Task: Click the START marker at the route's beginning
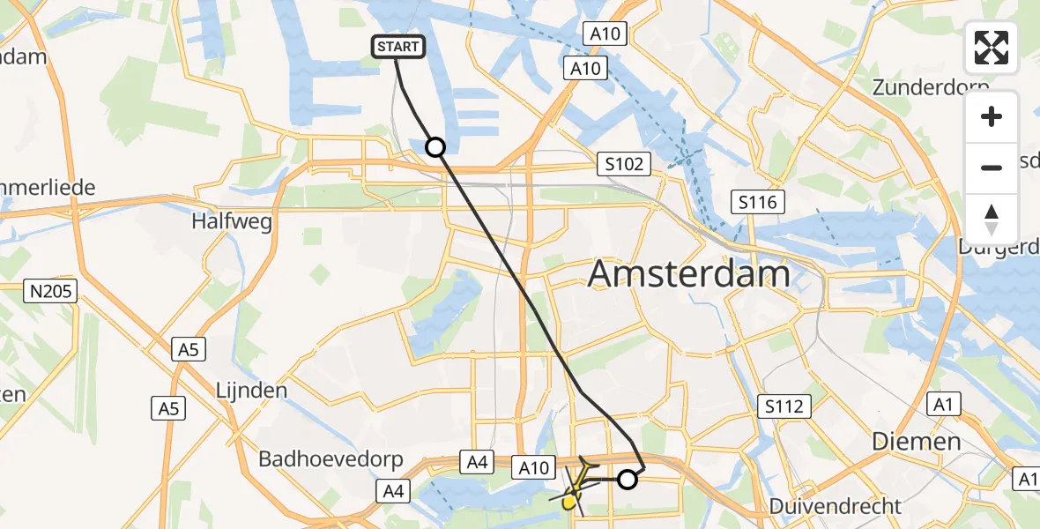tap(400, 47)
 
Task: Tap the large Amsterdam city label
tap(688, 274)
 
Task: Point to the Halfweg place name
tap(232, 220)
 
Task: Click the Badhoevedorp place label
tap(331, 459)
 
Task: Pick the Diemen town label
tap(916, 442)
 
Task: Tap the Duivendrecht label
tap(836, 506)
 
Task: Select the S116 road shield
tap(757, 203)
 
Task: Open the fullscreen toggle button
tap(992, 48)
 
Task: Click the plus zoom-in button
tap(992, 116)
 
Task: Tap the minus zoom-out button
tap(992, 168)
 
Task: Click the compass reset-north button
tap(992, 220)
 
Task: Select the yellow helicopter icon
tap(575, 490)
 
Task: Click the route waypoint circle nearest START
tap(435, 147)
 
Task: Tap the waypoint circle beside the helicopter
tap(627, 480)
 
